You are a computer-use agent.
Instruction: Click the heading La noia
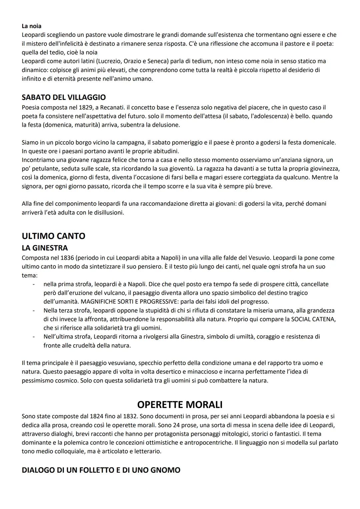click(x=31, y=26)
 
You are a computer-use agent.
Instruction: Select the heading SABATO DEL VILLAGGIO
click(x=64, y=97)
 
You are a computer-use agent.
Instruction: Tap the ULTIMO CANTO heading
click(x=53, y=236)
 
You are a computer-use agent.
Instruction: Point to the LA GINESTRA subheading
click(x=45, y=248)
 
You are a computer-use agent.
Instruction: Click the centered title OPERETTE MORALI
click(x=180, y=405)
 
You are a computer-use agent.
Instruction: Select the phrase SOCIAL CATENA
click(x=313, y=319)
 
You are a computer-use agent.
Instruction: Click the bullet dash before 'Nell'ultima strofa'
click(x=33, y=337)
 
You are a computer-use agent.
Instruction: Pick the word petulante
click(x=44, y=169)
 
